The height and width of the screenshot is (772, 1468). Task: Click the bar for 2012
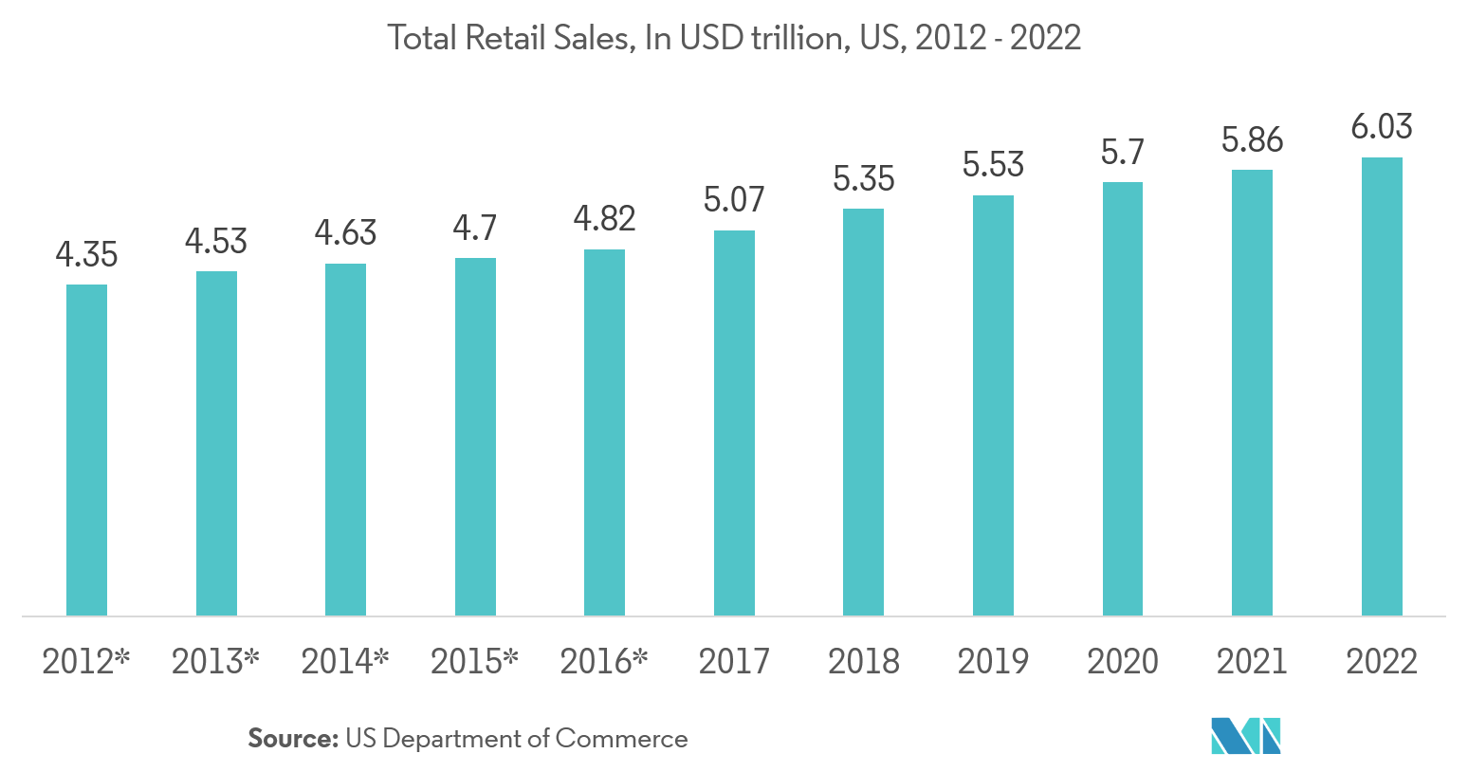tap(86, 450)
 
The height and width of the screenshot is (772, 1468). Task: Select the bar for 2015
tap(475, 437)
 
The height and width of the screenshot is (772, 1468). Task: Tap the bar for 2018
tap(863, 413)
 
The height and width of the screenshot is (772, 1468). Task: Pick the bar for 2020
tap(1123, 399)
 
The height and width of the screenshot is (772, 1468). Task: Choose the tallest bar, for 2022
tap(1382, 387)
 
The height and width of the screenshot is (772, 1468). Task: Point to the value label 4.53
tap(216, 242)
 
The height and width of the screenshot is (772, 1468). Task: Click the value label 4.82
tap(604, 219)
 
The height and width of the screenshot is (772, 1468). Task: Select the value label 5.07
tap(734, 199)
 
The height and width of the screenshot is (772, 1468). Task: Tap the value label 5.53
tap(993, 165)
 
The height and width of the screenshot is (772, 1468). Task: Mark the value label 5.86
tap(1252, 140)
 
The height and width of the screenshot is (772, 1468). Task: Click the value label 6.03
tap(1382, 127)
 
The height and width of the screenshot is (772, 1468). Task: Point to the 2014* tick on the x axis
tap(345, 661)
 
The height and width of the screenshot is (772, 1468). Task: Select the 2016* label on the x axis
tap(604, 661)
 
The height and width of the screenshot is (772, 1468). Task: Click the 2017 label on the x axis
tap(734, 661)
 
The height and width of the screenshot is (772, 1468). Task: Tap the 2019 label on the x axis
tap(993, 661)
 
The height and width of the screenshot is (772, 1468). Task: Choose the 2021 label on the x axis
tap(1252, 661)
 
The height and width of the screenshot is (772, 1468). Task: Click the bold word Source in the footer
tap(292, 739)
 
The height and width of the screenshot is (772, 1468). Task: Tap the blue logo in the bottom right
tap(1245, 736)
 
